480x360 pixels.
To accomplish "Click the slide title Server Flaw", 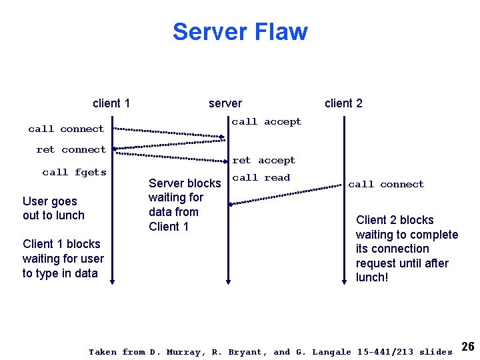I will pos(240,32).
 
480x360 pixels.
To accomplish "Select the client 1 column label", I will pos(111,103).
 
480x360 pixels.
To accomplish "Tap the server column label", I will pos(225,103).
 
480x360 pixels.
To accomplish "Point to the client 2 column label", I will pos(343,103).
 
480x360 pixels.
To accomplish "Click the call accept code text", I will pos(266,121).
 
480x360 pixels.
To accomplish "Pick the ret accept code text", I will pos(263,160).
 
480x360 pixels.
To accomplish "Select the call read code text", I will pos(261,177).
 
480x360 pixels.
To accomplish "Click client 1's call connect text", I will pos(66,129).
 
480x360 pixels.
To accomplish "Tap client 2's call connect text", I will pos(386,184).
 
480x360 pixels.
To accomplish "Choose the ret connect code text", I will pos(71,149).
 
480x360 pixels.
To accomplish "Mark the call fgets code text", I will pos(74,172).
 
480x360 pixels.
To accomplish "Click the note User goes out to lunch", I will pos(53,208).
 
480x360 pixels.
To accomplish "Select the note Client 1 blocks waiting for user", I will pos(63,259).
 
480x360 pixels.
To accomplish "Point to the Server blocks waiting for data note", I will pos(184,205).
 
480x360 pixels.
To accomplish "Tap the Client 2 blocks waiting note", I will pos(407,248).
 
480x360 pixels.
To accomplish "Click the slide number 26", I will pos(467,346).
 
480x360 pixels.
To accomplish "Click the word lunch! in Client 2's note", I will pos(372,277).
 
